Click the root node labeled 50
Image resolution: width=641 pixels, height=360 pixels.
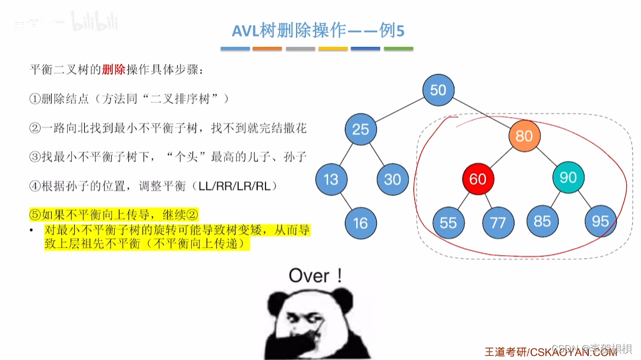[x=438, y=90]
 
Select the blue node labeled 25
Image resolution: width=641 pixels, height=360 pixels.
[x=360, y=129]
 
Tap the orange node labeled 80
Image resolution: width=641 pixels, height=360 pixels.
[x=524, y=136]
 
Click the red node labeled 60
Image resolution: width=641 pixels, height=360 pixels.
[x=478, y=178]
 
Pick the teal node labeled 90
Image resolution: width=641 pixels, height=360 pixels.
[x=568, y=177]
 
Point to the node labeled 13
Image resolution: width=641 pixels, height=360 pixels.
[x=331, y=178]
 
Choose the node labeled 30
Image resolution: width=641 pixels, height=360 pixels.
[x=392, y=178]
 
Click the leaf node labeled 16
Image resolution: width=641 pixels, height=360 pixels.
[x=360, y=222]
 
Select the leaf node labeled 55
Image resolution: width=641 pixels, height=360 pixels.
[x=448, y=222]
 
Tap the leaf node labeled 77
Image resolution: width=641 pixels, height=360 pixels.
[x=498, y=222]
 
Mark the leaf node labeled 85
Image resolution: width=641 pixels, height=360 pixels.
[x=542, y=221]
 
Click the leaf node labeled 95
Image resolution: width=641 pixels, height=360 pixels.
[x=600, y=221]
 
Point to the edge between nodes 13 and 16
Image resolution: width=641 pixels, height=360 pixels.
[x=346, y=201]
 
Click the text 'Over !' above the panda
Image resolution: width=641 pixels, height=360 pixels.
[x=315, y=275]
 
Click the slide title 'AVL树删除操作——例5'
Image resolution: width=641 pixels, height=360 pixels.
[x=318, y=31]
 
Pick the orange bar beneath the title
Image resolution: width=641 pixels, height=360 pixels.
[x=267, y=49]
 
